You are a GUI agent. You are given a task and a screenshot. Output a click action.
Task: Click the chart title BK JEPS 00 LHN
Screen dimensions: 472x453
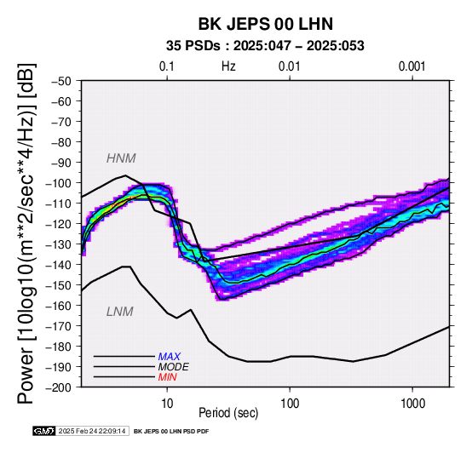point(266,24)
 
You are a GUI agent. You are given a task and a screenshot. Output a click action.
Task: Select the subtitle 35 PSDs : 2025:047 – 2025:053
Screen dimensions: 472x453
point(265,46)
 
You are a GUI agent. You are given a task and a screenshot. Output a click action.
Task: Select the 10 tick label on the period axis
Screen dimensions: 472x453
point(167,404)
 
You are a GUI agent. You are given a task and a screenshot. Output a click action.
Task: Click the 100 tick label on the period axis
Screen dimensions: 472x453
point(290,404)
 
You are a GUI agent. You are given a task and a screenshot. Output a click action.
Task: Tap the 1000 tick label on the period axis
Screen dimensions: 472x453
point(412,404)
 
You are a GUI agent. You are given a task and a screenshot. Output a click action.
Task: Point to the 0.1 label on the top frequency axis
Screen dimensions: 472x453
point(167,66)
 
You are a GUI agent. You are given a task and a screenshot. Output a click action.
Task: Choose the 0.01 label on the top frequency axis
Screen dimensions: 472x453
point(290,66)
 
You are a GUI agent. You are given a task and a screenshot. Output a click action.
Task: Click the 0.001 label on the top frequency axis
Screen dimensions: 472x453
point(412,66)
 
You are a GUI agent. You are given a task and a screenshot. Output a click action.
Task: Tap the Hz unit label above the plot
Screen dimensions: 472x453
point(228,66)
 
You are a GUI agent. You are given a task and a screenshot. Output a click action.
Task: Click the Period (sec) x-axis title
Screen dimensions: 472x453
point(228,413)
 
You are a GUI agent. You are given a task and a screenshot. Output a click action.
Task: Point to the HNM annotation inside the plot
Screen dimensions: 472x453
point(121,158)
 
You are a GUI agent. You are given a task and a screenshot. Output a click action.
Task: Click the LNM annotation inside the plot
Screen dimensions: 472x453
point(120,312)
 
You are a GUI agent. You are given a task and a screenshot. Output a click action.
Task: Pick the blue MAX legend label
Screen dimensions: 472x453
point(170,357)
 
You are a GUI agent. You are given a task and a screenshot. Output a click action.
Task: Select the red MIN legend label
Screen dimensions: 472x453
point(167,377)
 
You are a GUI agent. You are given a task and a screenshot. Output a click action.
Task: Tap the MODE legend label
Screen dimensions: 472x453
point(174,367)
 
